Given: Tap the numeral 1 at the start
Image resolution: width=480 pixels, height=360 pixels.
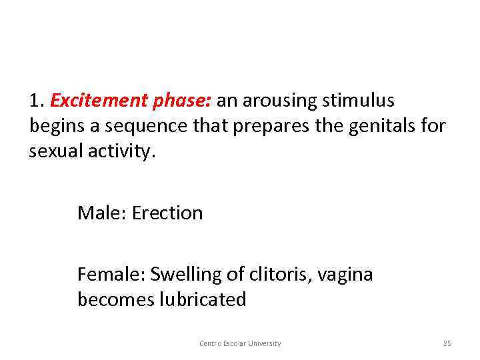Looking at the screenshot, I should pyautogui.click(x=35, y=101).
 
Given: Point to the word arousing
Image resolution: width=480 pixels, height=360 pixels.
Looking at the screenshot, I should pyautogui.click(x=280, y=101).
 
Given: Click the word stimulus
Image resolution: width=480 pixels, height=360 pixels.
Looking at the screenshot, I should pyautogui.click(x=359, y=101).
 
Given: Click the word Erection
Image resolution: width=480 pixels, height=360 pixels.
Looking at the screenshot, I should pyautogui.click(x=167, y=213).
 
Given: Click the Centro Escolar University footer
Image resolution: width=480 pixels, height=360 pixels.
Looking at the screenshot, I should pyautogui.click(x=240, y=343).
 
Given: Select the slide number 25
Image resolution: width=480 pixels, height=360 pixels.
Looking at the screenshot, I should pyautogui.click(x=447, y=343).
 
